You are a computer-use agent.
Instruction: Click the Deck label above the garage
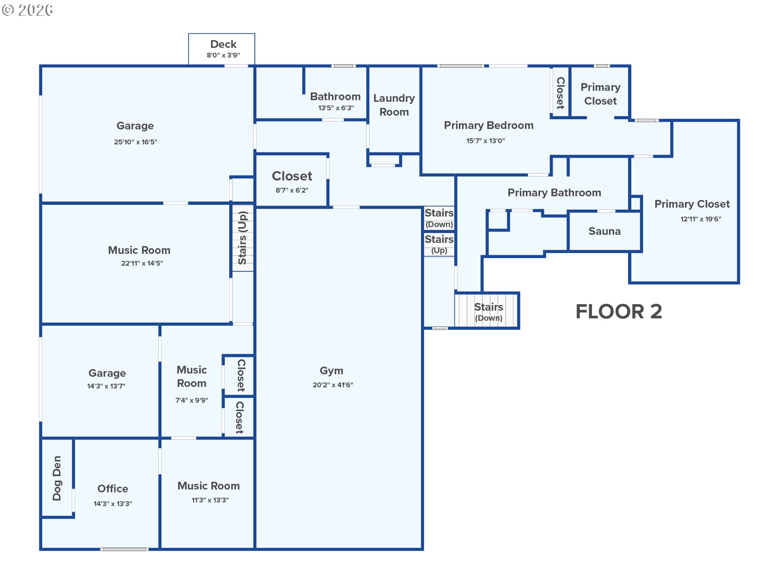(x=223, y=44)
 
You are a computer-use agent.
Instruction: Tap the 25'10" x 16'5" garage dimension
(x=136, y=142)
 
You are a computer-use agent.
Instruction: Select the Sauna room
(x=605, y=231)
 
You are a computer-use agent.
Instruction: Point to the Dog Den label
(x=57, y=478)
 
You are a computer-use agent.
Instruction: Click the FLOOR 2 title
(x=619, y=311)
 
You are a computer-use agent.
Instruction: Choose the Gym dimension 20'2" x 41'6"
(x=333, y=385)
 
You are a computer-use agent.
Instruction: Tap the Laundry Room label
(x=394, y=105)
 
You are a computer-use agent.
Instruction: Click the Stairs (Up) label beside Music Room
(x=243, y=238)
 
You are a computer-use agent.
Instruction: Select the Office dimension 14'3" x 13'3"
(x=113, y=504)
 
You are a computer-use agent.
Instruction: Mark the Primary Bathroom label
(x=554, y=193)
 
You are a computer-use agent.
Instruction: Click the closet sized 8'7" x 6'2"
(x=291, y=180)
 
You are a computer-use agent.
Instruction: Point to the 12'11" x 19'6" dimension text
(x=701, y=219)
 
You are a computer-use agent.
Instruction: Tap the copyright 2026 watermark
(x=27, y=10)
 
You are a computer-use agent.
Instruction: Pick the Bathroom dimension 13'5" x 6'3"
(x=336, y=108)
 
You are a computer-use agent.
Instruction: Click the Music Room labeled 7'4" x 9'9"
(x=192, y=381)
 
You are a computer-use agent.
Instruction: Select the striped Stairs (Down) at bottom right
(x=486, y=310)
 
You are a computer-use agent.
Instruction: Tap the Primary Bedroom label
(x=488, y=125)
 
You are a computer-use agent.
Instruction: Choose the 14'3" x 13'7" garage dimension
(x=106, y=386)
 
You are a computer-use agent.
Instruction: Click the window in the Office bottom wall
(x=125, y=549)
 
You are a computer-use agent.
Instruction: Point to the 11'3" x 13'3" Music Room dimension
(x=210, y=500)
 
